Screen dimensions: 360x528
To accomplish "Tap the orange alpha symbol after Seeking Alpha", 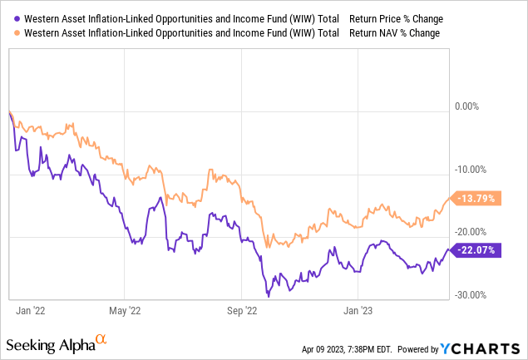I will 101,340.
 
